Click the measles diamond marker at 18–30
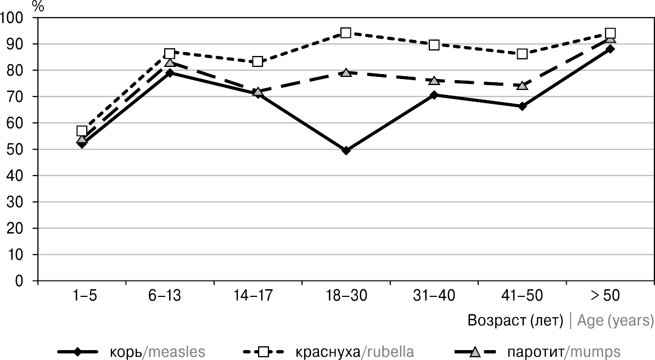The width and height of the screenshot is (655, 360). tap(346, 150)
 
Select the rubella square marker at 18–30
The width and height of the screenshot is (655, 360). tap(346, 33)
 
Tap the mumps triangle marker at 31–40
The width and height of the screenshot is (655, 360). tap(434, 81)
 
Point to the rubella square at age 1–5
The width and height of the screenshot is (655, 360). tap(82, 131)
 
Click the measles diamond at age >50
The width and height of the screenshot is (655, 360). tap(609, 49)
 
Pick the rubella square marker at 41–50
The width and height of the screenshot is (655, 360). tap(522, 54)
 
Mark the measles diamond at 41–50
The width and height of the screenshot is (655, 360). tap(522, 106)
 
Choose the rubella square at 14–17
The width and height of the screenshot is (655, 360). tap(257, 61)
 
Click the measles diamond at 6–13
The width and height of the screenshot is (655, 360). tap(170, 72)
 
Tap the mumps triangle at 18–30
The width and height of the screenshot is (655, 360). tap(346, 72)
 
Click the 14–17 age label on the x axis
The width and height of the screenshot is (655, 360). tap(257, 297)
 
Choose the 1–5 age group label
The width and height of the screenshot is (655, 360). tap(82, 297)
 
